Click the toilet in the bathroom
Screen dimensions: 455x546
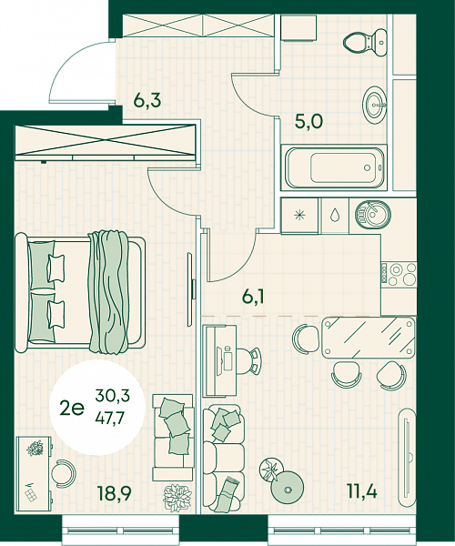[x=365, y=43]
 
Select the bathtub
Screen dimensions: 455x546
[x=334, y=167]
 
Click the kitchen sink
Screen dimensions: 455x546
[x=373, y=215]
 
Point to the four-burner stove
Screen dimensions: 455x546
[x=399, y=275]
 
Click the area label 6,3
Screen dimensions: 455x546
[x=147, y=101]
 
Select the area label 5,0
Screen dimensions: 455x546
[x=308, y=122]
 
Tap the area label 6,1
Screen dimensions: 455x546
[x=253, y=297]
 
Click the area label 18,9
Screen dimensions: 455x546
[x=115, y=493]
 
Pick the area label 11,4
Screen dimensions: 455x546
[x=361, y=491]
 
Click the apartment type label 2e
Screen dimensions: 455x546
[x=72, y=408]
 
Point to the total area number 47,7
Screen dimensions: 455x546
[x=110, y=418]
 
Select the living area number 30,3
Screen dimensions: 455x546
[x=112, y=396]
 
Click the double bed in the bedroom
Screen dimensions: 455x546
[x=80, y=292]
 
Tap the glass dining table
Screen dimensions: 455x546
[x=369, y=338]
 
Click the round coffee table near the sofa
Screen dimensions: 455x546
[x=288, y=489]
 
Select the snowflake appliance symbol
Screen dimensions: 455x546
[x=299, y=215]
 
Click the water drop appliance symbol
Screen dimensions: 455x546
[x=335, y=215]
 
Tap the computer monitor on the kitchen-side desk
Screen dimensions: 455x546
[x=220, y=361]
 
